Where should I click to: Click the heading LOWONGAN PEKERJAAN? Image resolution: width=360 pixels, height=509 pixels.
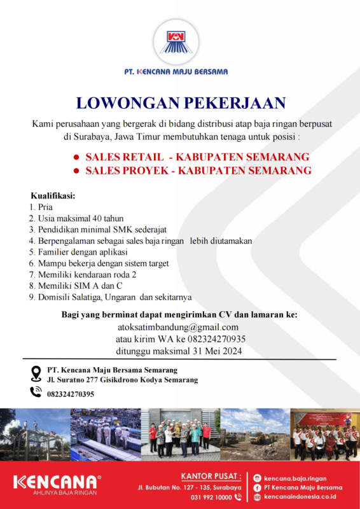180,103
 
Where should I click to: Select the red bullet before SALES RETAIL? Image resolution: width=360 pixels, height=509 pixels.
76,157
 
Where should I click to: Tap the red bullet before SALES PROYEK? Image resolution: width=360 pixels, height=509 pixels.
76,171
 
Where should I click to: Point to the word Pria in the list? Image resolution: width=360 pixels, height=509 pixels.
45,207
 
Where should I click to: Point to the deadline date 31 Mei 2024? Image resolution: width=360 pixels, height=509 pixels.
215,351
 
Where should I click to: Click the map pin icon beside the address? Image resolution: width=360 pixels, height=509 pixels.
36,373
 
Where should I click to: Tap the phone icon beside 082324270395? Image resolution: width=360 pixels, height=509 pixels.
36,392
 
